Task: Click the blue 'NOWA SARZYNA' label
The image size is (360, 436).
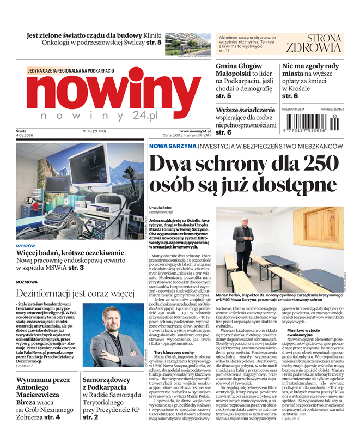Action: [x=172, y=146]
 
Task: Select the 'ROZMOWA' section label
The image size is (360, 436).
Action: [x=27, y=282]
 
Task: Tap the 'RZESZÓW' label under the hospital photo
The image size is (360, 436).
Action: [x=26, y=246]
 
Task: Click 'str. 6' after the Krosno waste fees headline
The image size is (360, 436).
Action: [x=290, y=96]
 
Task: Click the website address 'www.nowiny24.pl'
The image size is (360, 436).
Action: [x=195, y=131]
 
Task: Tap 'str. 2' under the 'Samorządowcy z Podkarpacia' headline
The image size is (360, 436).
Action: [x=90, y=417]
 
